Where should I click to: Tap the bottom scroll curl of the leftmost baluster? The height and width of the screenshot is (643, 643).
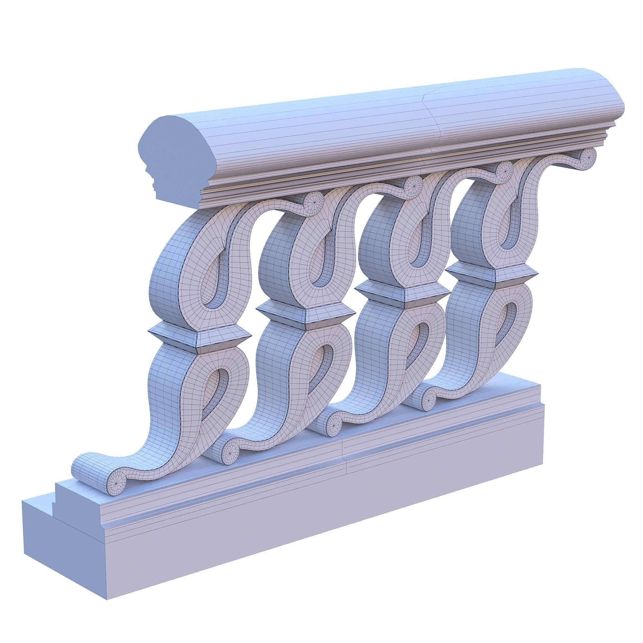(116, 482)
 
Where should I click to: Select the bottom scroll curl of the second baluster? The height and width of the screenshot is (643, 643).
(230, 452)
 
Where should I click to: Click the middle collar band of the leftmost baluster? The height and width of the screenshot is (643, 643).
(199, 337)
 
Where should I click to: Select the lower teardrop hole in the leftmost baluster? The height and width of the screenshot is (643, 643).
(218, 389)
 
